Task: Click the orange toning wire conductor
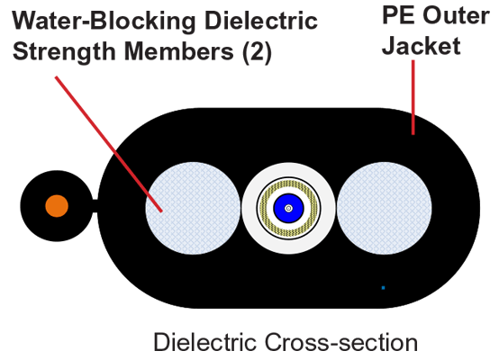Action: tap(57, 206)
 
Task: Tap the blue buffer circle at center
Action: tap(288, 208)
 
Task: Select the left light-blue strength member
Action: tap(193, 208)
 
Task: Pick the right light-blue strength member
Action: tap(385, 208)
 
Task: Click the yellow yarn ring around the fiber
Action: tap(288, 184)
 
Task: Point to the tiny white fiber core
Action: tap(288, 208)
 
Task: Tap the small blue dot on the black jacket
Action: tap(383, 288)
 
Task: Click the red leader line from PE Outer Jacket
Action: tap(413, 97)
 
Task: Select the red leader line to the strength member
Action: tap(109, 144)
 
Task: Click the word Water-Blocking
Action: tap(104, 21)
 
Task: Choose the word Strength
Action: tap(64, 52)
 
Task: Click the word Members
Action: tap(179, 51)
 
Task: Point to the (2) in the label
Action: tap(257, 52)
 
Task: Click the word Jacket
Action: tap(421, 46)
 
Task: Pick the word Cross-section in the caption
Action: tap(340, 342)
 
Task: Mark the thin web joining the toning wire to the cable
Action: tap(95, 206)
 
